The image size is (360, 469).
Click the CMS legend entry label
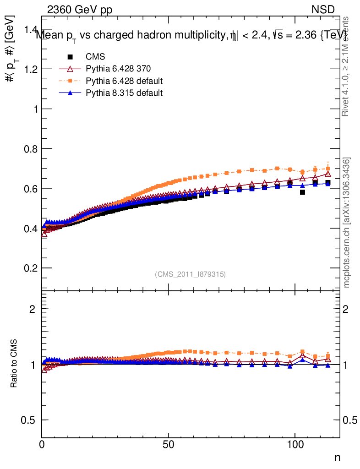pyautogui.click(x=95, y=57)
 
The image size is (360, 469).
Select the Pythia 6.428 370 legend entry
pyautogui.click(x=118, y=69)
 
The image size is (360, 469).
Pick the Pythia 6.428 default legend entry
pyautogui.click(x=124, y=81)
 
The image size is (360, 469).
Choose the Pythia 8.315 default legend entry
pyautogui.click(x=124, y=93)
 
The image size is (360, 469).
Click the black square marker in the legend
pyautogui.click(x=70, y=57)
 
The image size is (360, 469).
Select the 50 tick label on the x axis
pyautogui.click(x=169, y=445)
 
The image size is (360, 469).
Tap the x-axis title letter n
pyautogui.click(x=337, y=457)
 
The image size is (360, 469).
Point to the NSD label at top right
pyautogui.click(x=323, y=10)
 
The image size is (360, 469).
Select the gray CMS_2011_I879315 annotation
pyautogui.click(x=191, y=274)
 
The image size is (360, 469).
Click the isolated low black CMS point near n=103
pyautogui.click(x=302, y=192)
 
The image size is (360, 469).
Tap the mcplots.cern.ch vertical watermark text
pyautogui.click(x=347, y=223)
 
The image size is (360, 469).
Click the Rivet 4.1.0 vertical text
pyautogui.click(x=347, y=66)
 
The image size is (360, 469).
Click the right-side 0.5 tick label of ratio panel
pyautogui.click(x=351, y=420)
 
